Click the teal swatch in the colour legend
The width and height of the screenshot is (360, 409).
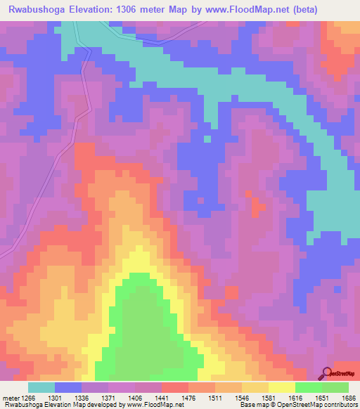(x=41, y=387)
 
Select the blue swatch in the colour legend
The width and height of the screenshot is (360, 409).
(x=68, y=387)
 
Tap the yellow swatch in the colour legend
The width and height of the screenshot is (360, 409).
(x=282, y=387)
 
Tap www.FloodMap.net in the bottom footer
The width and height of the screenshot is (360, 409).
(x=150, y=405)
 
